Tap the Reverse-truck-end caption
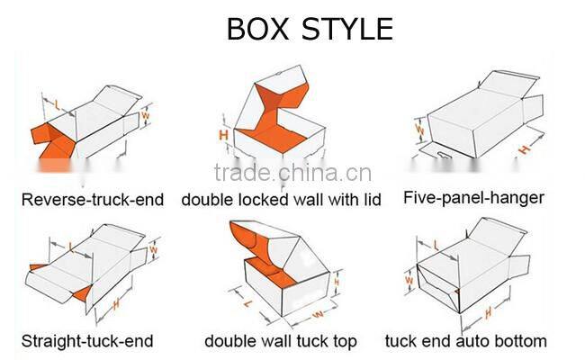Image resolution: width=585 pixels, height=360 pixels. coord(93,199)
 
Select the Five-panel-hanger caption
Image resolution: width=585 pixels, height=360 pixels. coord(473,197)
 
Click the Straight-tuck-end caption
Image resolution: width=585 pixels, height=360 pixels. coord(87,341)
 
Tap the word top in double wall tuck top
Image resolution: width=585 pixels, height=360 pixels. coord(342,341)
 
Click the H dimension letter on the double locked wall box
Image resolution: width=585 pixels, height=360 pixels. coord(224,134)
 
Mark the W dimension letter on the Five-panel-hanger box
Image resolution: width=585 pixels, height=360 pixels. coord(418,129)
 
